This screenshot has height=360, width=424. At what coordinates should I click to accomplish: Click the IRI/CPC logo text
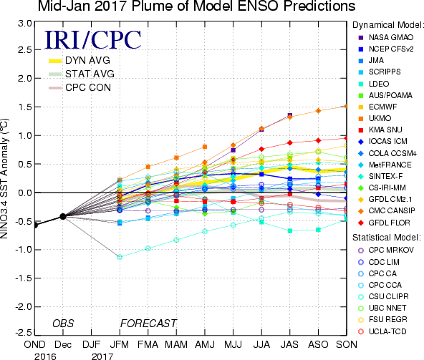(93, 40)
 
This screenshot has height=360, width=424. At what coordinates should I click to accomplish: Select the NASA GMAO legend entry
(386, 37)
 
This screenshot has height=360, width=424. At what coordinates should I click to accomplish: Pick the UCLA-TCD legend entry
(382, 331)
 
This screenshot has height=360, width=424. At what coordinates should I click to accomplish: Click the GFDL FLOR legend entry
(384, 223)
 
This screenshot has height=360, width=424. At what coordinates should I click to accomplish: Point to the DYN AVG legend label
(87, 60)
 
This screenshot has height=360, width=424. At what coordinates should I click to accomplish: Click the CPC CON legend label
(88, 87)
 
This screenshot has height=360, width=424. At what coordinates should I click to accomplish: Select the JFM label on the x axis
(119, 344)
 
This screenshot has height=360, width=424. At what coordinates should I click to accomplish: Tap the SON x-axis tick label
(347, 344)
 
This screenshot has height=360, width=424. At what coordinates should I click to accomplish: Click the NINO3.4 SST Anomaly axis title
(4, 178)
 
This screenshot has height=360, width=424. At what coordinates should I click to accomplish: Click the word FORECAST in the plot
(148, 323)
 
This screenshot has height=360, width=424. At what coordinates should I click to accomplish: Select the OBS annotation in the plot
(63, 323)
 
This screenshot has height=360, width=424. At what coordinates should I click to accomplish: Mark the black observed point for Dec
(63, 216)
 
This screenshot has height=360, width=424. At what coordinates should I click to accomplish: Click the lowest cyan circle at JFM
(120, 257)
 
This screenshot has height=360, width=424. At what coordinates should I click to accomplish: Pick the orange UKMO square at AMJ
(205, 147)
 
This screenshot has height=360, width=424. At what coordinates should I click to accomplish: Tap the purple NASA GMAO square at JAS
(290, 115)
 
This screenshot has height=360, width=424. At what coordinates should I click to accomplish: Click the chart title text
(196, 6)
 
